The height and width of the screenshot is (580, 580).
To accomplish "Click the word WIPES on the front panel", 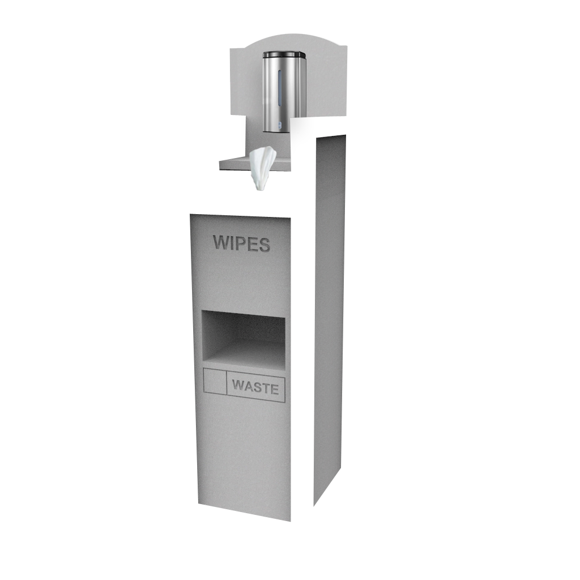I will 241,244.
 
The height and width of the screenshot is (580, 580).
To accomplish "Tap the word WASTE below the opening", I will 255,389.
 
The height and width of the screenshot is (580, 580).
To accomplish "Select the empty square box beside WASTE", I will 215,381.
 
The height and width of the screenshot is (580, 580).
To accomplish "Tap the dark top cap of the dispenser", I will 284,54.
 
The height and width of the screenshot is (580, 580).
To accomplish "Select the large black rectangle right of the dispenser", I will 303,142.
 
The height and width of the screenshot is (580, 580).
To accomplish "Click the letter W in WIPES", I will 221,243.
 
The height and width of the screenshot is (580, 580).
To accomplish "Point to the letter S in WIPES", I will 263,245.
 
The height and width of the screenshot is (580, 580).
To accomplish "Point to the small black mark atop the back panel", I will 242,48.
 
